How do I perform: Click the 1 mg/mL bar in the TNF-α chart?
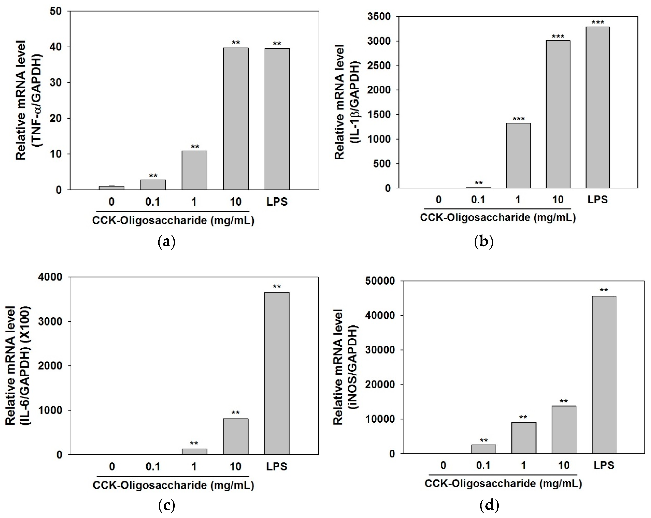tap(194, 170)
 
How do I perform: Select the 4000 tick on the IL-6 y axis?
tap(50, 277)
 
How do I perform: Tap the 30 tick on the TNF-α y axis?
tap(56, 83)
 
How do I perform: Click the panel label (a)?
tap(166, 242)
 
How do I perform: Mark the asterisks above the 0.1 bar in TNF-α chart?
tap(153, 176)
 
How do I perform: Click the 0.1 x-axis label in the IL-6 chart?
tap(153, 466)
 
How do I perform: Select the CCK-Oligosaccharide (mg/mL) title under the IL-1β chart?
tap(498, 218)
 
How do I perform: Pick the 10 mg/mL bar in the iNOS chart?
tap(564, 430)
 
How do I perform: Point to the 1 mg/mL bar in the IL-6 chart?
tap(194, 451)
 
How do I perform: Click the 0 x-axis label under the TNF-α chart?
tap(111, 202)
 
